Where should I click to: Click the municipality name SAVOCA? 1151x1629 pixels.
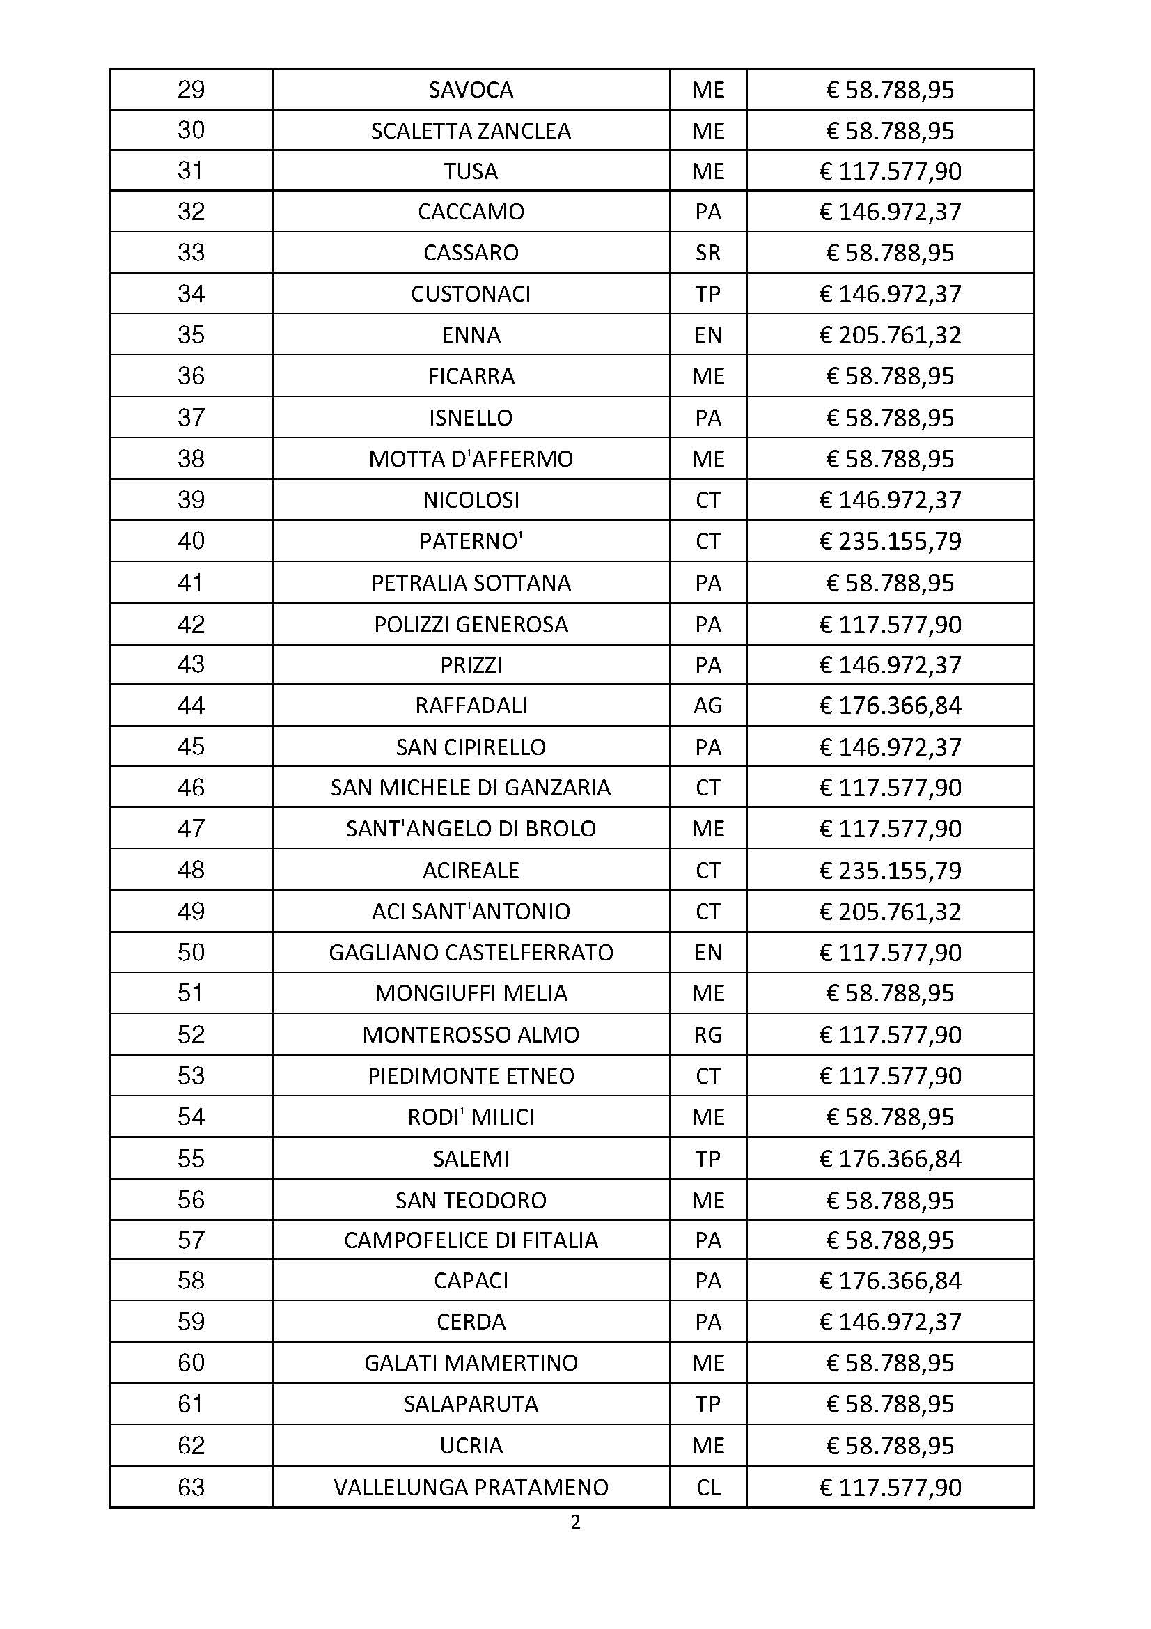tap(471, 90)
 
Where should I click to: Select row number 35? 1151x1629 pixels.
tap(191, 334)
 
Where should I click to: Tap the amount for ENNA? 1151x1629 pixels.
tap(890, 334)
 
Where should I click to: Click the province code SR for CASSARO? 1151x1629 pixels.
tap(707, 253)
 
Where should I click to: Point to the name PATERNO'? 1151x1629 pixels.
tap(471, 541)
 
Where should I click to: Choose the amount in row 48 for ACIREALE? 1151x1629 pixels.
tap(890, 870)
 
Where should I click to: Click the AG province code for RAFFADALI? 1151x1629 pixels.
tap(707, 706)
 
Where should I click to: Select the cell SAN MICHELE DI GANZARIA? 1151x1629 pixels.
tap(471, 788)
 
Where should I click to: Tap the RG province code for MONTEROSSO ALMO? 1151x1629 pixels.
tap(707, 1034)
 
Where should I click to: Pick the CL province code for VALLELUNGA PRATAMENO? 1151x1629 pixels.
tap(707, 1487)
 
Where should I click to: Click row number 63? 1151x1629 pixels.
tap(191, 1487)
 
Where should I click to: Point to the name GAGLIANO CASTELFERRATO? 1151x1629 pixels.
tap(471, 952)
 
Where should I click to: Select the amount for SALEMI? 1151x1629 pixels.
tap(890, 1159)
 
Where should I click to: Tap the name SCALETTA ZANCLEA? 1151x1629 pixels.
tap(471, 131)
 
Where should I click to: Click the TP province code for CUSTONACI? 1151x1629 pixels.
tap(707, 294)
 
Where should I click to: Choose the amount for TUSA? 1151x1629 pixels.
tap(890, 172)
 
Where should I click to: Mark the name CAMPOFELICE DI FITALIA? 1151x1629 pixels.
tap(471, 1240)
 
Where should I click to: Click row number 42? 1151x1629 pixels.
tap(191, 624)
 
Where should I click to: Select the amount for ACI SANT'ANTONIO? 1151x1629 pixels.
tap(890, 911)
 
